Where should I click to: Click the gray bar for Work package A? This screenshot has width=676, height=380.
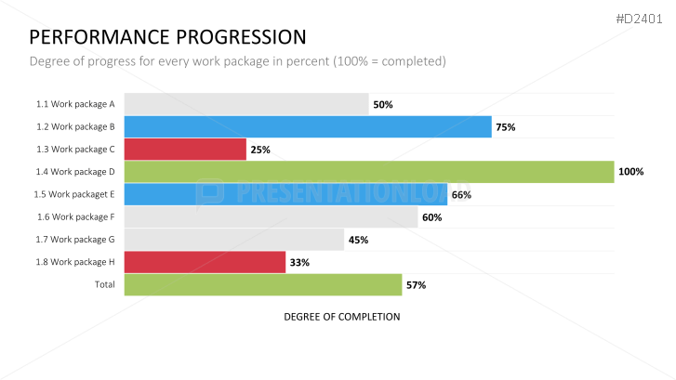245,104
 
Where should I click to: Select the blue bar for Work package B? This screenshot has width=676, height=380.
307,127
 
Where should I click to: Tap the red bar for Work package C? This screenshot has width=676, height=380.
184,150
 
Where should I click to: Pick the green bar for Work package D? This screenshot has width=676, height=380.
368,172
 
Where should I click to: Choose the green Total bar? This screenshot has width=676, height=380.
262,285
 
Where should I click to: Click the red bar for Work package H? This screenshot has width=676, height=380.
204,262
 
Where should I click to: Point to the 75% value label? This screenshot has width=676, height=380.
506,127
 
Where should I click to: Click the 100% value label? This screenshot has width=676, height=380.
631,172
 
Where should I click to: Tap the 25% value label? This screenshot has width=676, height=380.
261,150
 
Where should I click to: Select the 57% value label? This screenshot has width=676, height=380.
416,285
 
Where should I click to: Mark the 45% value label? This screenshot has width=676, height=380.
358,240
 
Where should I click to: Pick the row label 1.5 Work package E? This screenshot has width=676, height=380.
74,194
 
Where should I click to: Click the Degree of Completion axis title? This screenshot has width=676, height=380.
341,317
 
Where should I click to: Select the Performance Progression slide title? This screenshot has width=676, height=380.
167,37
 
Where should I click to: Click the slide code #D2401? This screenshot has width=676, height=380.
642,18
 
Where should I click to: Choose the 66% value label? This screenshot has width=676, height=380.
461,195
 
